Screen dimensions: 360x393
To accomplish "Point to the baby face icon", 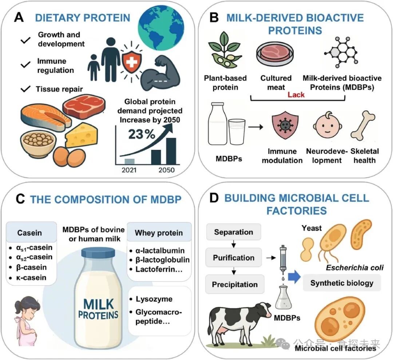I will click(326, 128).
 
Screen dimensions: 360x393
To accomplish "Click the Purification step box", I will click(234, 258).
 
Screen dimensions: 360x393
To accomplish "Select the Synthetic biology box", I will click(342, 283).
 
